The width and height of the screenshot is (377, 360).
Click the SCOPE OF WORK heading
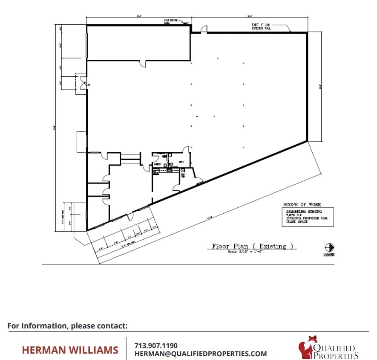[302, 205]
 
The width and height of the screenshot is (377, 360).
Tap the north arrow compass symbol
[329, 247]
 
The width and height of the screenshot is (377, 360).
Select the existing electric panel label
[171, 21]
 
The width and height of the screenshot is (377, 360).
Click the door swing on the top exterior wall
[204, 29]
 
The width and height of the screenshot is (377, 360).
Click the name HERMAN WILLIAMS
[70, 350]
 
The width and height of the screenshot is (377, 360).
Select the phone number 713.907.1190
[156, 345]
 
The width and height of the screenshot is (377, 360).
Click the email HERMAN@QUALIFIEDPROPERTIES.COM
[201, 354]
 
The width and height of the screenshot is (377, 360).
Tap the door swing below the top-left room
[143, 64]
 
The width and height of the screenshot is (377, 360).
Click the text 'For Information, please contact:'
[67, 326]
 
